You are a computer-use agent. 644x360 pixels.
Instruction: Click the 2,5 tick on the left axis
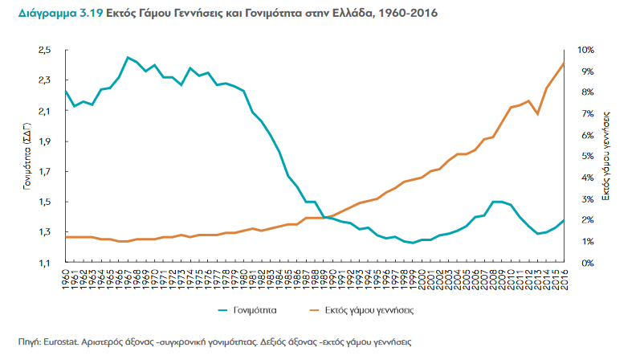point(45,50)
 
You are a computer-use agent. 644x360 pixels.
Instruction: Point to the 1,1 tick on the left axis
point(45,263)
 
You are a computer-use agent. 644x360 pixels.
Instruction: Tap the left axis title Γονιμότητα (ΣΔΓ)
point(27,157)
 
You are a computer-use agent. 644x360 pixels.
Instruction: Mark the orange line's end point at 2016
point(565,63)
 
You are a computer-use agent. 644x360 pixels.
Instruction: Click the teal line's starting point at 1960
point(66,91)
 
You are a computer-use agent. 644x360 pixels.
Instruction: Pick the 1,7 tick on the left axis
point(45,171)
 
